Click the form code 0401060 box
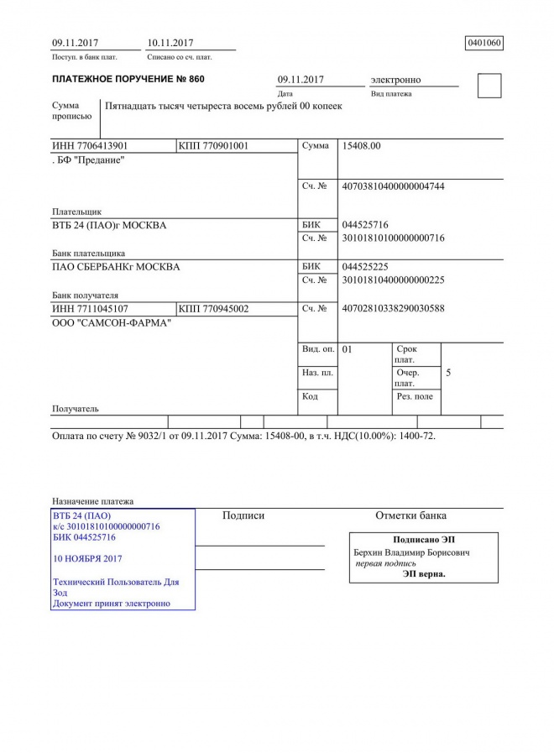click(483, 43)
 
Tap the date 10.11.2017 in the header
click(170, 43)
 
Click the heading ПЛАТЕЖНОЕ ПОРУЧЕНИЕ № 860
click(128, 79)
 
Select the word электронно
click(395, 80)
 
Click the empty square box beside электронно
click(489, 86)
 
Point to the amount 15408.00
click(362, 146)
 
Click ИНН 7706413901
click(90, 146)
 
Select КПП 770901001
click(213, 146)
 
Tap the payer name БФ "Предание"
click(89, 160)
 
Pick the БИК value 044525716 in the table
click(365, 225)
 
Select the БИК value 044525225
click(365, 267)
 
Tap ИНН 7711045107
click(90, 309)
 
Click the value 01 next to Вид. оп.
click(348, 349)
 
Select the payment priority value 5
click(448, 372)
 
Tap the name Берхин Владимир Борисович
click(411, 553)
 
